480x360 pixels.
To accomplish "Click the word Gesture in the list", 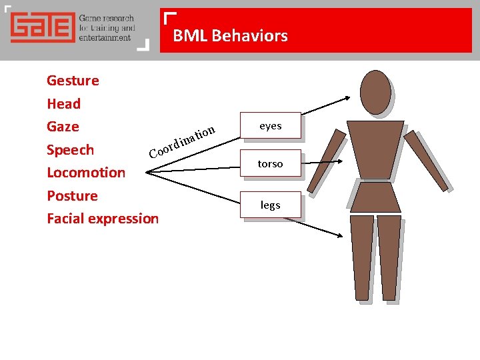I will point(73,81).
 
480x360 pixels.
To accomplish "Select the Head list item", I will point(63,104).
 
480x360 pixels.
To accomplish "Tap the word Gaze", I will point(63,127).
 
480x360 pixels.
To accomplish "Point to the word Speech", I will point(70,150).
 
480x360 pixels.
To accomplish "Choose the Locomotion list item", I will point(86,173).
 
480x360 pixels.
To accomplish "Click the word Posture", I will point(72,196).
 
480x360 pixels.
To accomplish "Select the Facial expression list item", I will point(103,219).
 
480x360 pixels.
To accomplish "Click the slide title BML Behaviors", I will point(230,36).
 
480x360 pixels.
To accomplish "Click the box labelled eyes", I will point(270,125).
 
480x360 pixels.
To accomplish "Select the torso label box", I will point(270,163).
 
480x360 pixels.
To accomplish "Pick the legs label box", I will point(270,205).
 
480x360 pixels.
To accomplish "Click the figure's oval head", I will point(375,91).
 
